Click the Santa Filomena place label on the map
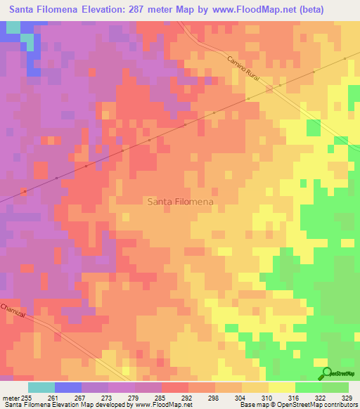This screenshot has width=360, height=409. (x=181, y=201)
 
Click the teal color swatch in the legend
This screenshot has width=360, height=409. (x=41, y=387)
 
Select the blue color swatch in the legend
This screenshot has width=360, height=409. (x=68, y=387)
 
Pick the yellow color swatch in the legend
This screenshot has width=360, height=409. (x=281, y=387)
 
